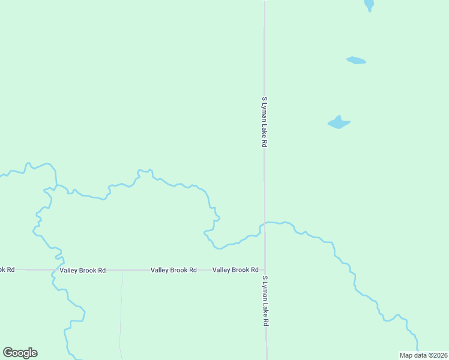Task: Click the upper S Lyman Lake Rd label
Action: (264, 122)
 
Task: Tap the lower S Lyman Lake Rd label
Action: (265, 301)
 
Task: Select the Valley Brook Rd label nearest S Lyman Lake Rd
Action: (235, 270)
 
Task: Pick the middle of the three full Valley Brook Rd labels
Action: (173, 270)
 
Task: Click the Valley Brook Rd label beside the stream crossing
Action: (82, 271)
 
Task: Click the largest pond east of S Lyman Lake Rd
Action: (339, 123)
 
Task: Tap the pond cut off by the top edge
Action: (369, 5)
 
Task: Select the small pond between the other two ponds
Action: (356, 60)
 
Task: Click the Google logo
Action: (20, 353)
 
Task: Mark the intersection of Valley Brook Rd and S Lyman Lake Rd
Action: (265, 270)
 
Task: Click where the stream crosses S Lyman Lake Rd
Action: (265, 223)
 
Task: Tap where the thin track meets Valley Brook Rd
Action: (122, 270)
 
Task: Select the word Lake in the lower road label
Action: (265, 308)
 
